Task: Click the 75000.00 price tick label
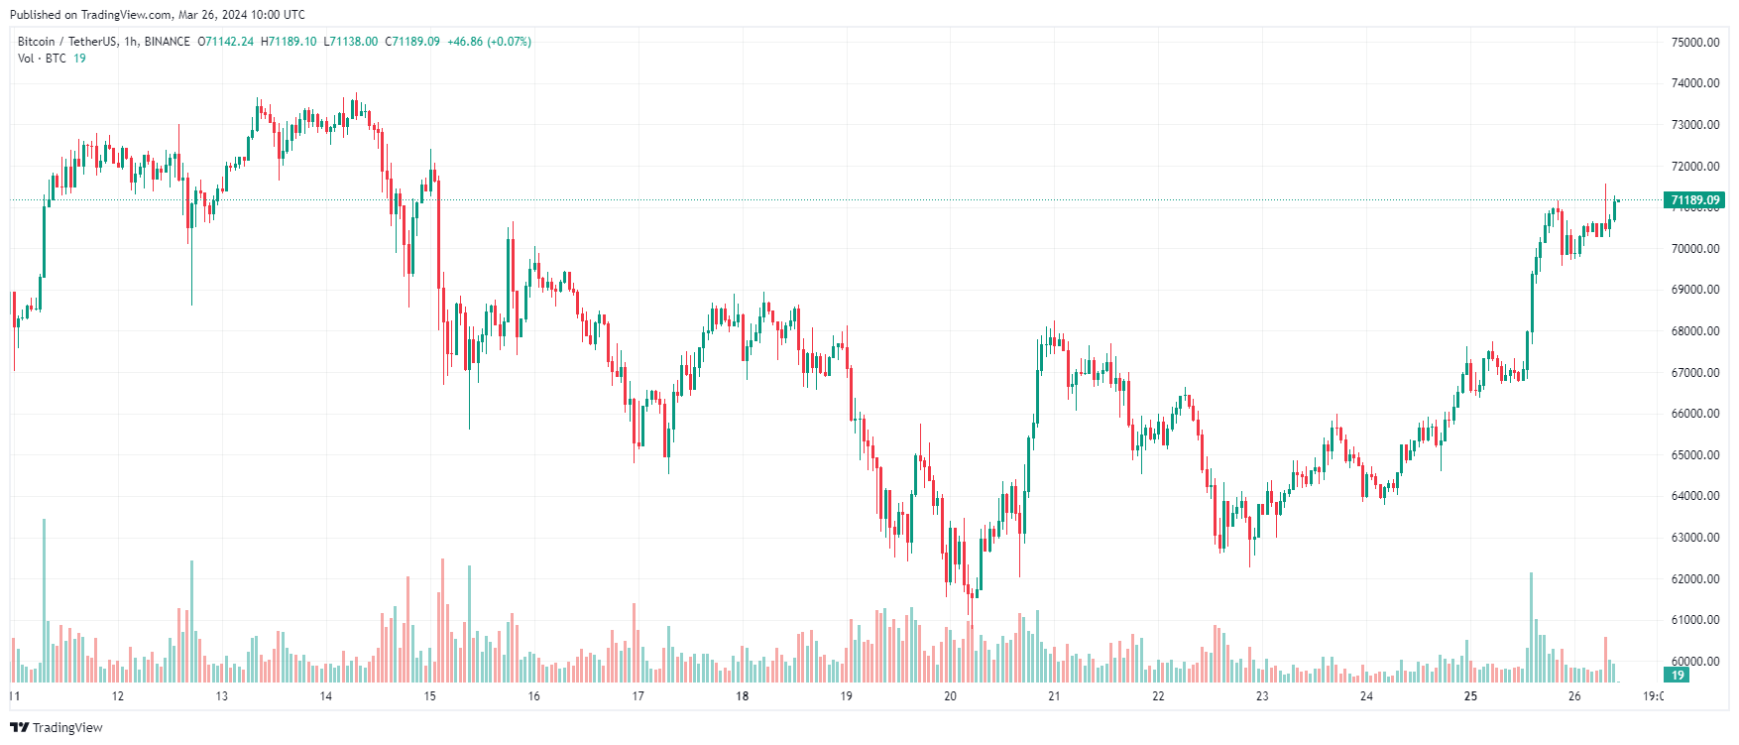coord(1694,42)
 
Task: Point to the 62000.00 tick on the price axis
coord(1694,578)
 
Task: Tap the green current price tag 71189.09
coord(1694,200)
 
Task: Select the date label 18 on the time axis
coord(742,696)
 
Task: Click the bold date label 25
coord(1470,696)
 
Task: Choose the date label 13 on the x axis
coord(222,696)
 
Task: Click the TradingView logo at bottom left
coord(57,727)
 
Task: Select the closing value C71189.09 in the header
coord(412,42)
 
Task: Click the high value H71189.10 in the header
coord(289,42)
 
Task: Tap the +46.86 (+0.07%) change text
coord(489,42)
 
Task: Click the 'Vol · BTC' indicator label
coord(42,59)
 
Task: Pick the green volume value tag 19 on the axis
coord(1678,675)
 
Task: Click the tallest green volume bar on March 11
coord(44,600)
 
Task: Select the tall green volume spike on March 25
coord(1531,627)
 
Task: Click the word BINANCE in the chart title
coord(167,42)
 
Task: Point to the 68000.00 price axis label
coord(1694,331)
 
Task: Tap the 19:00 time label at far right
coord(1653,696)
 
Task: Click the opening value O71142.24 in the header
coord(225,42)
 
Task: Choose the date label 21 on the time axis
coord(1054,696)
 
